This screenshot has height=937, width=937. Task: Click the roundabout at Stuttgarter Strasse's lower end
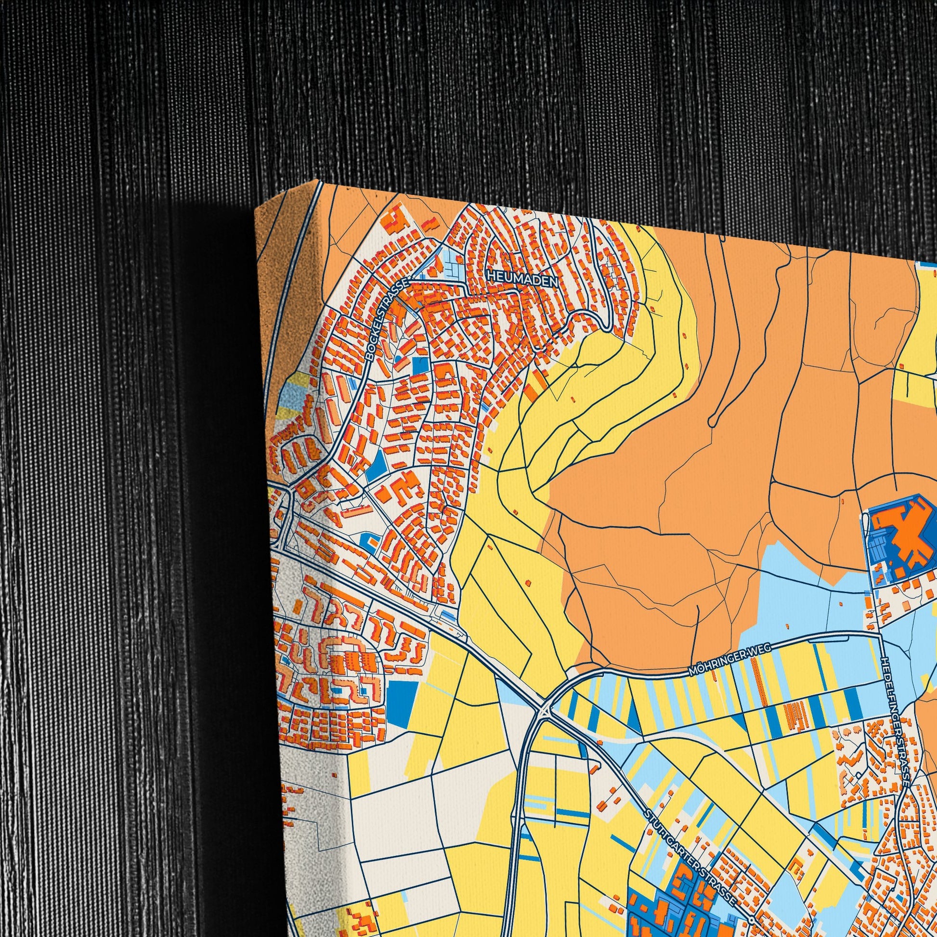[751, 918]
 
